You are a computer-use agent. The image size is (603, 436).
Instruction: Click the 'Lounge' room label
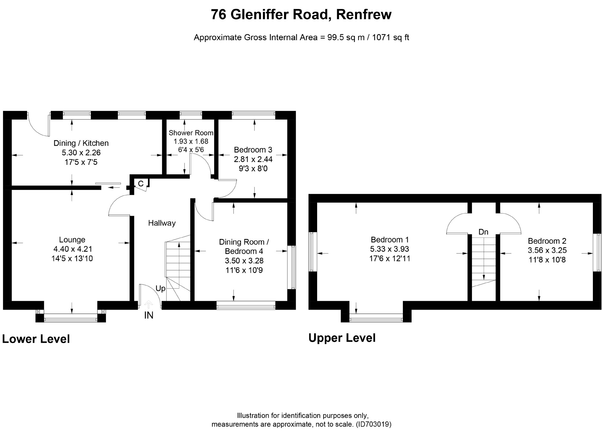72,240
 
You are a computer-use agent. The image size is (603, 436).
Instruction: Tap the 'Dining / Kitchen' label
81,143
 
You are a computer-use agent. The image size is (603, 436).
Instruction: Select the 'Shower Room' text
191,133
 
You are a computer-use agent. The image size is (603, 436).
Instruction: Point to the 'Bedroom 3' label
253,150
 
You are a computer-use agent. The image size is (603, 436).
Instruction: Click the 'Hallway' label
162,223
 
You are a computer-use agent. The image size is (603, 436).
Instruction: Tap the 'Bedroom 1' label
390,240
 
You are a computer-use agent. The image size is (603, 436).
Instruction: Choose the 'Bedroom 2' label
547,241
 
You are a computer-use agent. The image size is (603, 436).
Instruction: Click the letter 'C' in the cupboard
141,184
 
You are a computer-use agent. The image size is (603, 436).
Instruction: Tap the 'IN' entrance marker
149,315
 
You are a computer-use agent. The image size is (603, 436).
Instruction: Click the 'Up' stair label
161,288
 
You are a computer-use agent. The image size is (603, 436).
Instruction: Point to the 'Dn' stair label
483,232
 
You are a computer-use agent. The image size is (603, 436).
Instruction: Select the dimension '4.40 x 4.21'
72,249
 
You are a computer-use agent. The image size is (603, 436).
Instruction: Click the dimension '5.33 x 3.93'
390,249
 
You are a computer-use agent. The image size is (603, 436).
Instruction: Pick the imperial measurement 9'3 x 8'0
253,169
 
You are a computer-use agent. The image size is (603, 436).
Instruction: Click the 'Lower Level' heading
36,339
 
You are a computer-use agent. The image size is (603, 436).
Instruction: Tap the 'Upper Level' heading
342,338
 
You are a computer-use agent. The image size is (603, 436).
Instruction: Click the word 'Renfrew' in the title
364,14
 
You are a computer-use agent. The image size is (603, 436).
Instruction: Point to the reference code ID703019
373,424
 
